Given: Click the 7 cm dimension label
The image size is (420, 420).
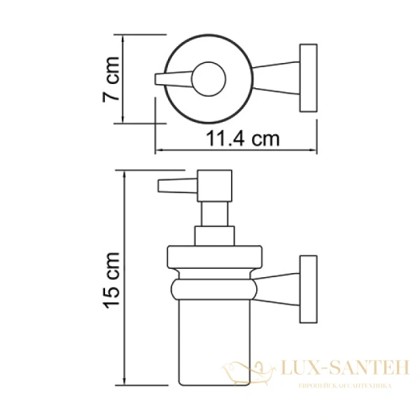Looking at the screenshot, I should pyautogui.click(x=110, y=79).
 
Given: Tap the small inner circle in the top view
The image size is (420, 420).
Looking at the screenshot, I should pyautogui.click(x=207, y=78).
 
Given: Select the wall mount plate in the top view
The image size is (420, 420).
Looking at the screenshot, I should pyautogui.click(x=307, y=78).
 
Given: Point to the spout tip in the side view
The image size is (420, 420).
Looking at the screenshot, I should pyautogui.click(x=168, y=186).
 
